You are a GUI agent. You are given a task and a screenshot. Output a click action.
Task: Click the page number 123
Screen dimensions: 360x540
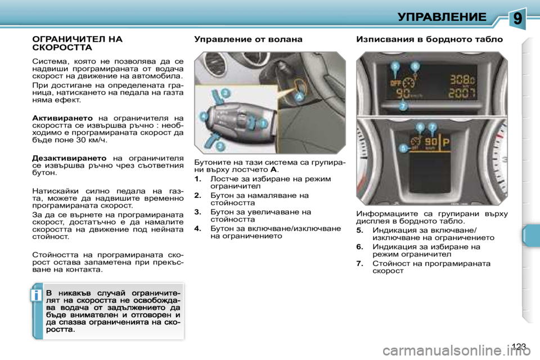[x=520, y=345]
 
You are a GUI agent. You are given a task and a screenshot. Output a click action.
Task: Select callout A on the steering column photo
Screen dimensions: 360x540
[x=298, y=96]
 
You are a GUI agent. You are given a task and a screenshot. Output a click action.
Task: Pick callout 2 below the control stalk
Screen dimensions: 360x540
[x=220, y=146]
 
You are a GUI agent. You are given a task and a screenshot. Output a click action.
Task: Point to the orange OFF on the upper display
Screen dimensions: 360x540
[x=396, y=82]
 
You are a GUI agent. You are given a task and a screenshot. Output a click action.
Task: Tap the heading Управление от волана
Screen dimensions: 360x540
[x=248, y=39]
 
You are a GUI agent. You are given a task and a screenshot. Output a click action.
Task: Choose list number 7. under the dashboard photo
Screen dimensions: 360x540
[x=360, y=263]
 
